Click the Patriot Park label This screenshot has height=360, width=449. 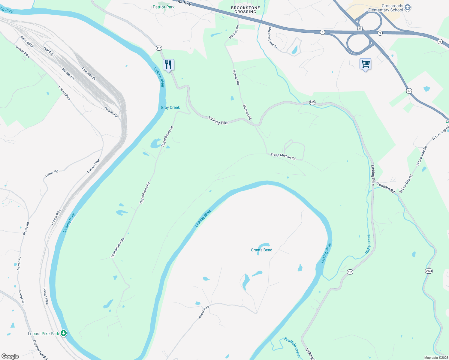tap(163, 7)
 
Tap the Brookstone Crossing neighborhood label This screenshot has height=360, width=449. tap(245, 10)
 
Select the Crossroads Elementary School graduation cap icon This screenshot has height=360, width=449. tap(407, 8)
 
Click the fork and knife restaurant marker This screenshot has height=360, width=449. tap(168, 64)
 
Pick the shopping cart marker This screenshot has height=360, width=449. tap(365, 64)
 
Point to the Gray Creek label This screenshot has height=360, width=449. tap(170, 107)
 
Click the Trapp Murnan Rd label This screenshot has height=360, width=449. tap(283, 156)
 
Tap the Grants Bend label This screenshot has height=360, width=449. tap(261, 250)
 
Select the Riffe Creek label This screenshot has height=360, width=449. tap(368, 244)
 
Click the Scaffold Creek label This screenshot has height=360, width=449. tap(292, 347)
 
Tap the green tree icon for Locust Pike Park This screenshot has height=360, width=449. tap(64, 333)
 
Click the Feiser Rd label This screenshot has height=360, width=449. tap(52, 173)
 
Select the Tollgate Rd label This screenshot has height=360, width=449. tap(386, 187)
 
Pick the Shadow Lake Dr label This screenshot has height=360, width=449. tap(273, 38)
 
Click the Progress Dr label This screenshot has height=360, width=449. tap(89, 73)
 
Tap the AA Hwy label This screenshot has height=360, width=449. tap(184, 3)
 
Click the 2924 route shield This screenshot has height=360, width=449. tap(429, 271)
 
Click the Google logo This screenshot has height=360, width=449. tap(10, 356)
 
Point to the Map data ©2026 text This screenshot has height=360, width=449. tap(436, 358)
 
